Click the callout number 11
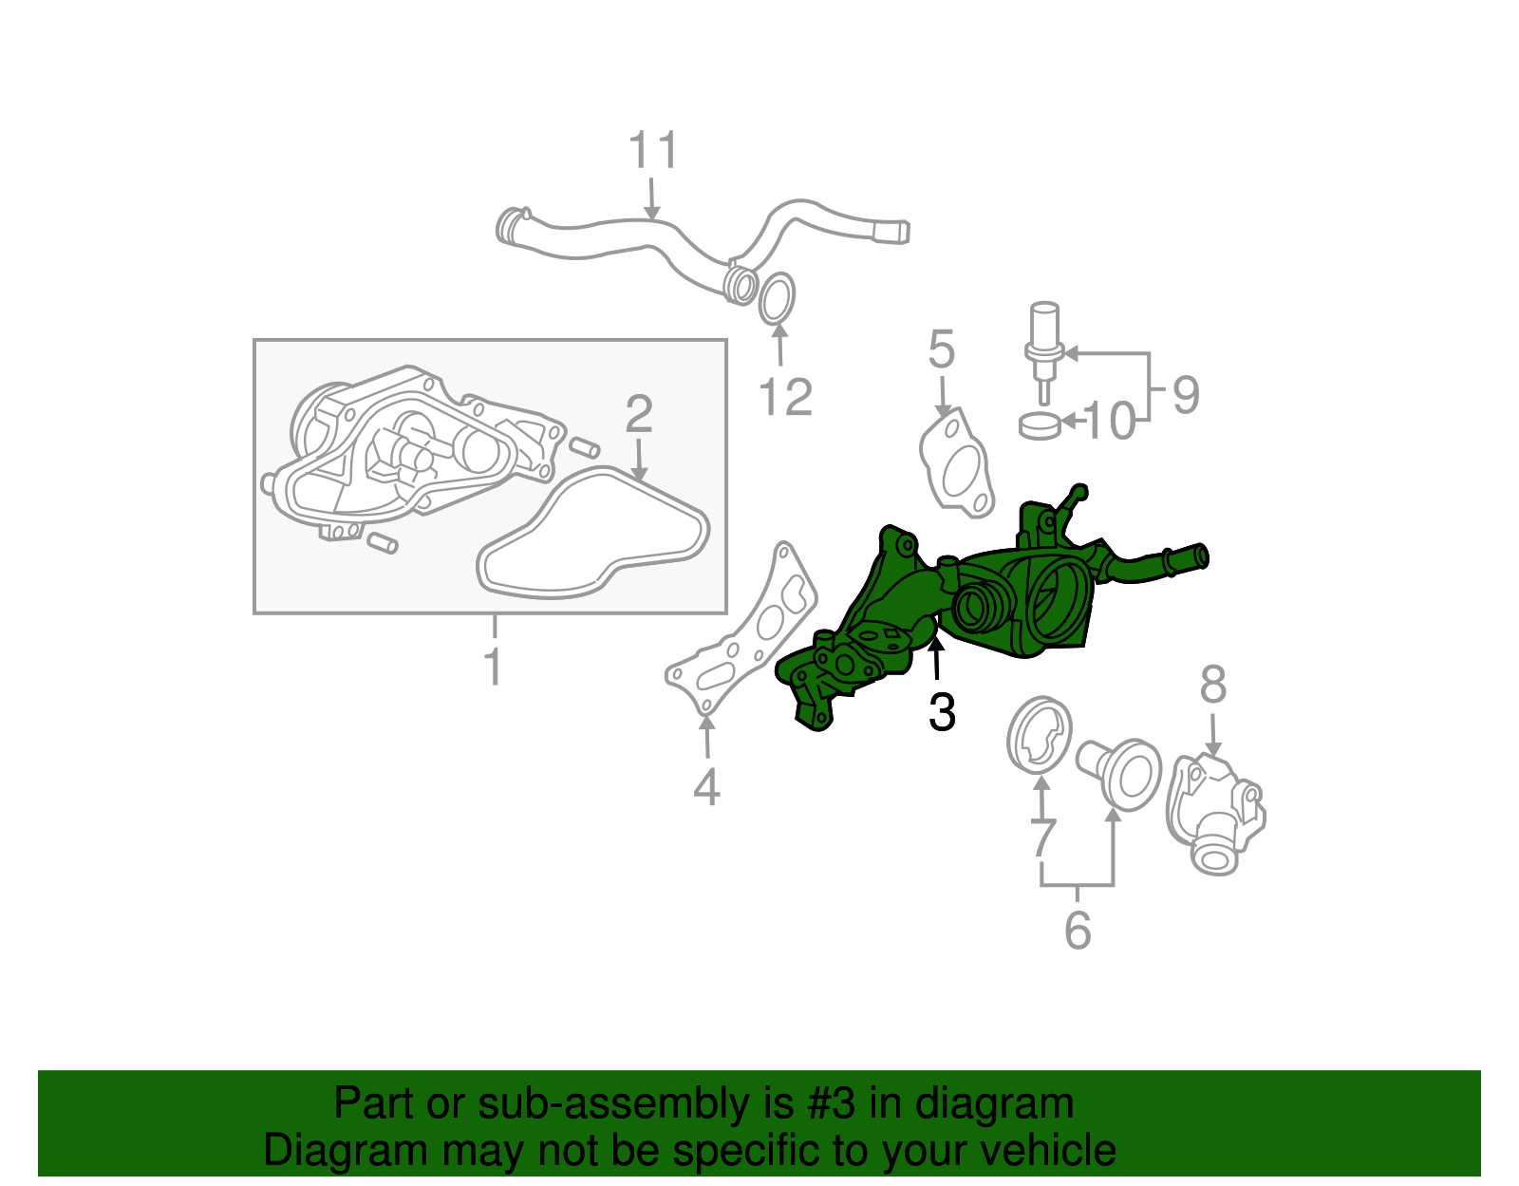(653, 151)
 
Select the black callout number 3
(942, 712)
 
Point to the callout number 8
(1213, 685)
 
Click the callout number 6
(1078, 931)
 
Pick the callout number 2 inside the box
(639, 415)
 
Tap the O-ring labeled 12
(777, 297)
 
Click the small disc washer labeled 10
(1039, 425)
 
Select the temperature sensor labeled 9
(1042, 347)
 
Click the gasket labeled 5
(957, 465)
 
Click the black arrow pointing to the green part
(936, 658)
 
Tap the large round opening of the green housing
(1054, 603)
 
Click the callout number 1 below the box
(493, 667)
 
